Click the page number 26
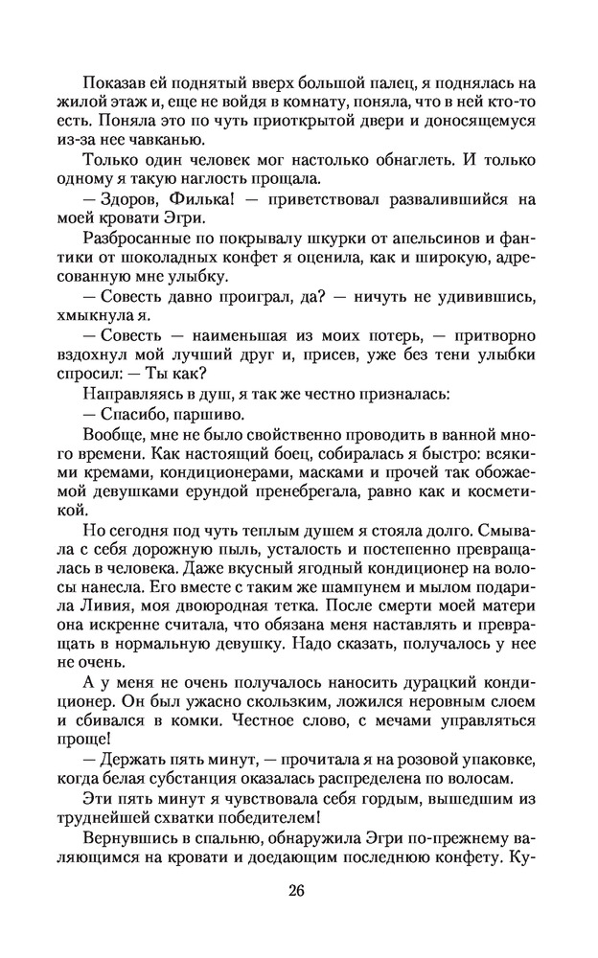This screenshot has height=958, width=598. (295, 890)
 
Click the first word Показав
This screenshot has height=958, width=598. (111, 81)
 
